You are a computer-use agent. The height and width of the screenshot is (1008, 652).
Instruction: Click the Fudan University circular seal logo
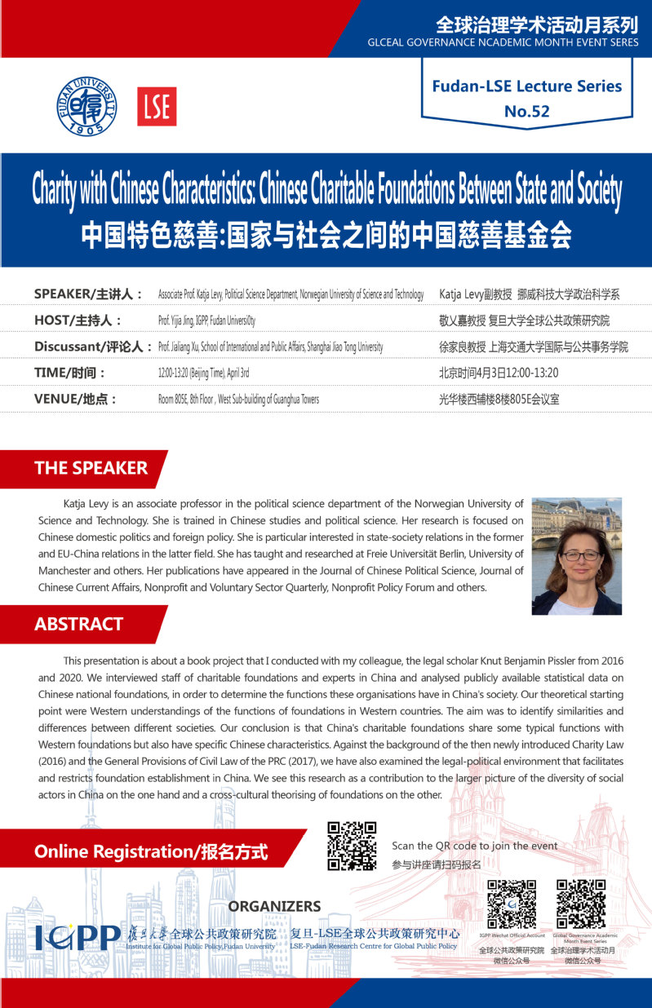86,107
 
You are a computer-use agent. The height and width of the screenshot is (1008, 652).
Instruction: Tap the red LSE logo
157,107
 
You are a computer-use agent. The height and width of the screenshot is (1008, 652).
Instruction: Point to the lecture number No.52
527,112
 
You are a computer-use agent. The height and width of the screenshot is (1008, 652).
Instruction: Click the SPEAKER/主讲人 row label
88,294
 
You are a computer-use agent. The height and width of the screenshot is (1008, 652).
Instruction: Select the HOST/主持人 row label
78,321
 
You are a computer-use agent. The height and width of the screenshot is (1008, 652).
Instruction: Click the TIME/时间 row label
70,373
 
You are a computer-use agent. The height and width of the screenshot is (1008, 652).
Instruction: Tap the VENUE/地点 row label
75,399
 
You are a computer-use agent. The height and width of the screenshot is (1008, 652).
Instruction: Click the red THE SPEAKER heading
91,468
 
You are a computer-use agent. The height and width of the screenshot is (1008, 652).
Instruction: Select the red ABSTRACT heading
78,625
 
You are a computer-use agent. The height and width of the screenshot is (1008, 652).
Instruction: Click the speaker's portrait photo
576,555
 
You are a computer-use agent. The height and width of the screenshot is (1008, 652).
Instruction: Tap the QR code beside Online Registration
352,846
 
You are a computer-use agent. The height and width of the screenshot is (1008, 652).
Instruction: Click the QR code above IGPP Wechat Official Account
511,904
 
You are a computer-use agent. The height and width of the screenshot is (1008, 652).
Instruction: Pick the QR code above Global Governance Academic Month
581,904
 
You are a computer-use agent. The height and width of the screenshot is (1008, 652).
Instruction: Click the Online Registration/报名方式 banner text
151,852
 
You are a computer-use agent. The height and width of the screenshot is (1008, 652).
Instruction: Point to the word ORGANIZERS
274,907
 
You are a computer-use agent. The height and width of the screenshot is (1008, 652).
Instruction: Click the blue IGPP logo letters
78,939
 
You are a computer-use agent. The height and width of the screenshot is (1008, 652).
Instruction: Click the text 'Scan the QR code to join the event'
475,846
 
